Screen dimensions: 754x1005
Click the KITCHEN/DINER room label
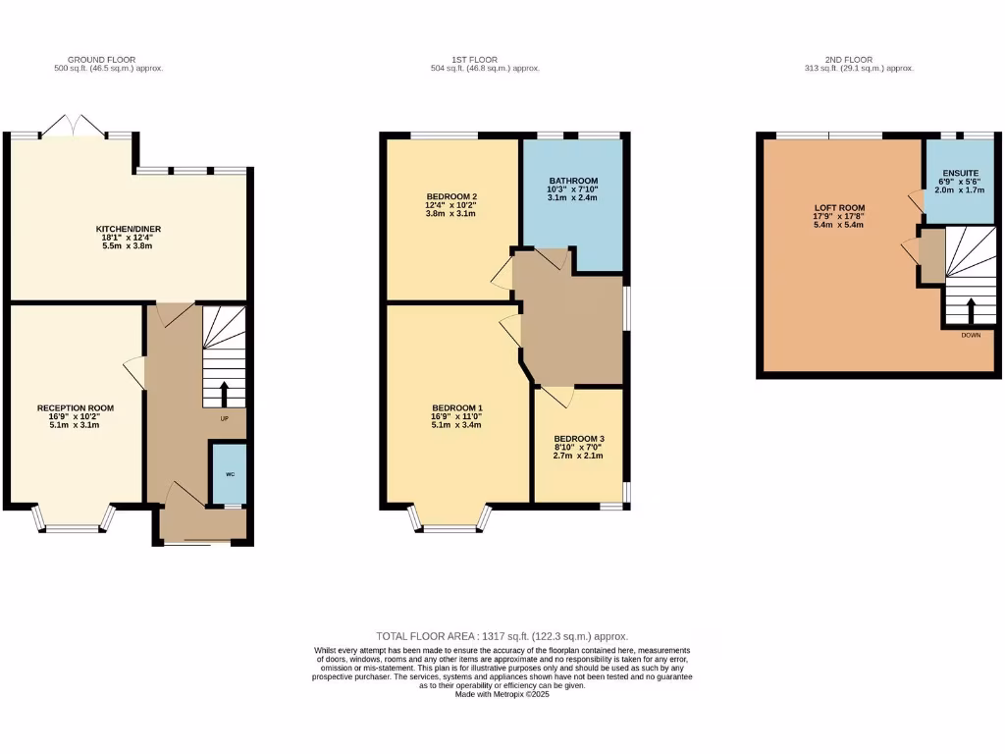[x=130, y=227]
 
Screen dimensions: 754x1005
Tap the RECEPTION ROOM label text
[x=76, y=407]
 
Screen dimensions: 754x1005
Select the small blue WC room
[x=230, y=474]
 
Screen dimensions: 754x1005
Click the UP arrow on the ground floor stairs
[x=225, y=393]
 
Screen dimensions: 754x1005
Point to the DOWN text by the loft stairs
[x=971, y=335]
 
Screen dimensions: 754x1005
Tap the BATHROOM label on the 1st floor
[x=573, y=181]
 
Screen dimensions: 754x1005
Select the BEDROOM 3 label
[x=578, y=439]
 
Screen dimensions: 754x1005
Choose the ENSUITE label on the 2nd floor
[x=960, y=173]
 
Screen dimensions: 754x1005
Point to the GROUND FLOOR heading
[x=102, y=59]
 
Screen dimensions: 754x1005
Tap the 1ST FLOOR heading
[x=485, y=59]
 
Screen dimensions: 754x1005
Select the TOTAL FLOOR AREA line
[x=502, y=636]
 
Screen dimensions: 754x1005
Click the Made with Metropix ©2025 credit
[x=502, y=694]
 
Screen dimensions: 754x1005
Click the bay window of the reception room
[x=75, y=525]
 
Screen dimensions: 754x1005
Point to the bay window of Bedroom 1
[x=450, y=525]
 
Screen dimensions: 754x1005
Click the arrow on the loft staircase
[x=971, y=310]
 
